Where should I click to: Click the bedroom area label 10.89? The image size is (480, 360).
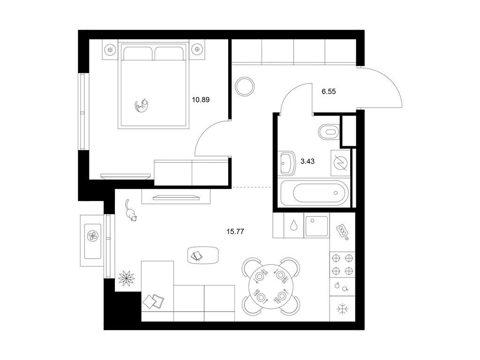pos(201,99)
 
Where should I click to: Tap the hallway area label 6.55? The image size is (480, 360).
pos(329,91)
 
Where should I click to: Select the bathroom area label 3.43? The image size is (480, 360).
pos(307,161)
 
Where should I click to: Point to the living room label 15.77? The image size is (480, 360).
pos(235,232)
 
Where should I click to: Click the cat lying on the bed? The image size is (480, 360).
pos(142,105)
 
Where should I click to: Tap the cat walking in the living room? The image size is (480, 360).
pos(130,210)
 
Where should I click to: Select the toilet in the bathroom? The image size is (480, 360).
pos(329,132)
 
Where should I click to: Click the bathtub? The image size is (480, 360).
pos(315,193)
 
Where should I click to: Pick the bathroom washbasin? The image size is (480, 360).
pos(287,163)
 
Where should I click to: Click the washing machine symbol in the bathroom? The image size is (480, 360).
pos(340,163)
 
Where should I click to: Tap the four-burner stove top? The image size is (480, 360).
pos(342,265)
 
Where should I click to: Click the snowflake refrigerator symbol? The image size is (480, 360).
pos(342,309)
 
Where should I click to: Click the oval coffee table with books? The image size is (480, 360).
pos(203,255)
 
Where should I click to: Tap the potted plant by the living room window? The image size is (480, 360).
pos(127,277)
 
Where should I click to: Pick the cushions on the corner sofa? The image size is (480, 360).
pos(153,301)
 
